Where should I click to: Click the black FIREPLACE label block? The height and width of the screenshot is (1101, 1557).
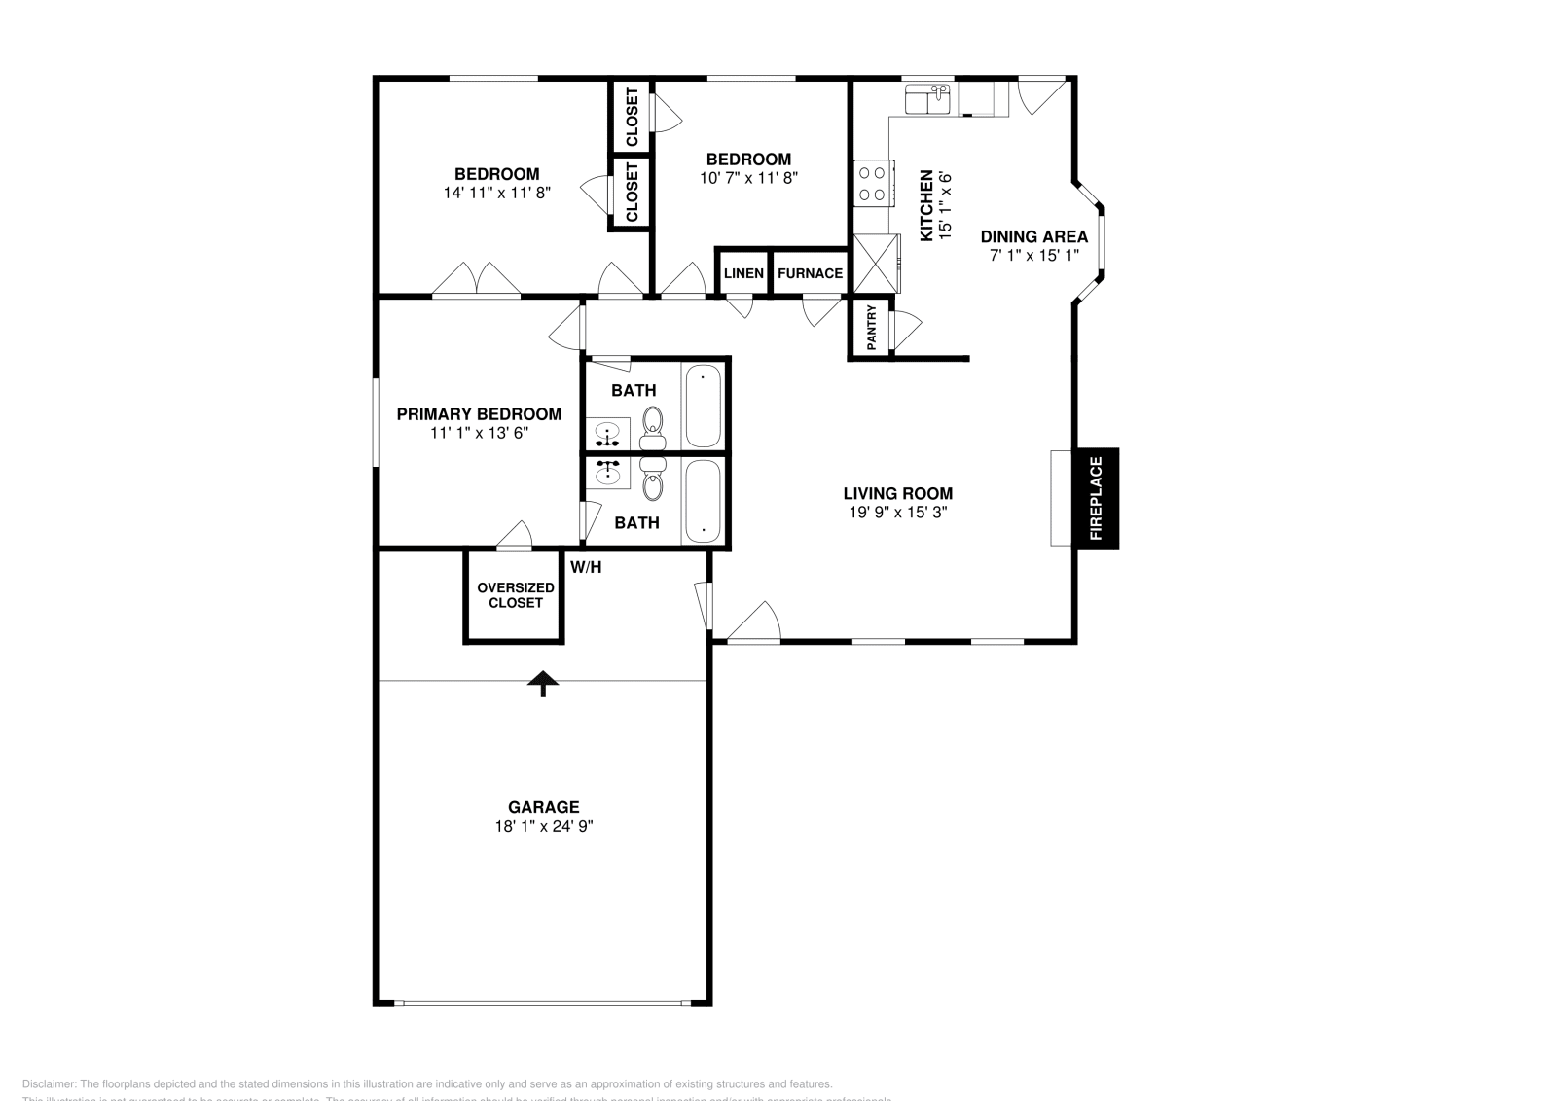tap(1096, 498)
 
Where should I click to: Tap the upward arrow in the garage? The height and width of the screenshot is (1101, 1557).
tap(543, 684)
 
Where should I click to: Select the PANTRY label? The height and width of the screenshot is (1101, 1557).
tap(872, 329)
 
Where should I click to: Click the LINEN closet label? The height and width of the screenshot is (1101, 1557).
tap(743, 273)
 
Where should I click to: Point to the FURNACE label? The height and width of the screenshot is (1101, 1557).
tap(810, 273)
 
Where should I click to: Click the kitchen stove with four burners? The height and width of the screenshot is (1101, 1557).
tap(873, 183)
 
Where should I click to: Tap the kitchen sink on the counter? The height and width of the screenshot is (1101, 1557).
tap(926, 99)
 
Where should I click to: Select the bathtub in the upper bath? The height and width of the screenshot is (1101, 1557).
tap(703, 406)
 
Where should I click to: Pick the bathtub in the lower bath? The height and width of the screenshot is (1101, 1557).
tap(703, 501)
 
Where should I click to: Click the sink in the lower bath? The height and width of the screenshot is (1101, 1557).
tap(608, 473)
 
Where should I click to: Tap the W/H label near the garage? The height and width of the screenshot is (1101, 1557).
tap(586, 567)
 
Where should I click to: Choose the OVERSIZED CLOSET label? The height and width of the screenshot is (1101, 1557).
tap(516, 595)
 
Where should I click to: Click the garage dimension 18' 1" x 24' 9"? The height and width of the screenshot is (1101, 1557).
tap(543, 826)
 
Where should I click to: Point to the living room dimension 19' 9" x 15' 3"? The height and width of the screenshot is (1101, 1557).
tap(897, 512)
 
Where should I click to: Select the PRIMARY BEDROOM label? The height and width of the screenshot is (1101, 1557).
tap(479, 414)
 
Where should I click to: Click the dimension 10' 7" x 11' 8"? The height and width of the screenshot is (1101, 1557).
tap(748, 178)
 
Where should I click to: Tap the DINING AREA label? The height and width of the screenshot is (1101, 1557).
tap(1033, 236)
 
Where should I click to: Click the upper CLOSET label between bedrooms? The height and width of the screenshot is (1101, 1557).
tap(632, 117)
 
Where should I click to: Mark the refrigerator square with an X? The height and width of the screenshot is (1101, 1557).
tap(875, 264)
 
